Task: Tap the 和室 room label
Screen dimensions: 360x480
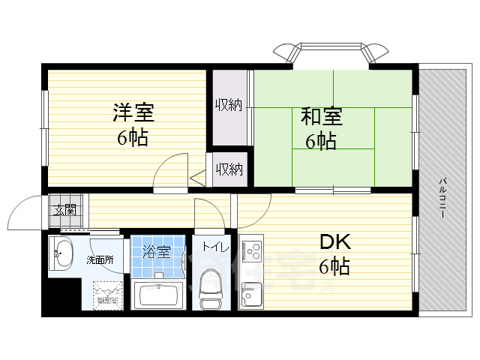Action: tap(322, 118)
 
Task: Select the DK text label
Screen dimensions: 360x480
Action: tap(335, 242)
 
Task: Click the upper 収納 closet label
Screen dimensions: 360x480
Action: tap(229, 105)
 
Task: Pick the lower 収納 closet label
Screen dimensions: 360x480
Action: tap(229, 169)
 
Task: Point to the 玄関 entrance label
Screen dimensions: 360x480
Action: tap(64, 209)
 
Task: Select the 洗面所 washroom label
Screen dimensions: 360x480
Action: tap(99, 260)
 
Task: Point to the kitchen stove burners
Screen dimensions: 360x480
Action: tap(250, 247)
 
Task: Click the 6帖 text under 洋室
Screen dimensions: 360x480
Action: tap(131, 137)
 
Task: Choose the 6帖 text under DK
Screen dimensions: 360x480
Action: tap(334, 265)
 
